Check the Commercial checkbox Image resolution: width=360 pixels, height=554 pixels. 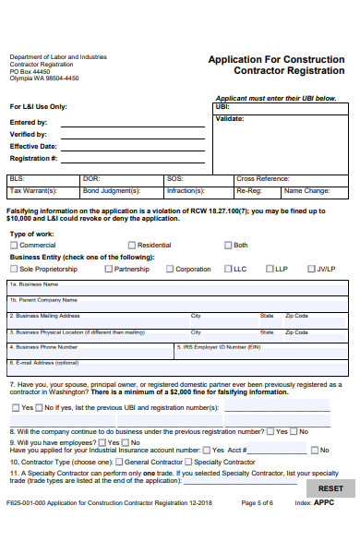[x=14, y=246]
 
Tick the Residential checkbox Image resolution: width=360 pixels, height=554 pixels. [x=131, y=246]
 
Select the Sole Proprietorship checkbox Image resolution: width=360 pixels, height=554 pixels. [x=14, y=269]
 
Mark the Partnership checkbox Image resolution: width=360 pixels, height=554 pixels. [x=108, y=269]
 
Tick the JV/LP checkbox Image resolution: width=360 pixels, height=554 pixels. [x=310, y=269]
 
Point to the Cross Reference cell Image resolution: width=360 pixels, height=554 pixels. [x=289, y=178]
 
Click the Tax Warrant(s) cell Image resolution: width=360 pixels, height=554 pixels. [x=42, y=191]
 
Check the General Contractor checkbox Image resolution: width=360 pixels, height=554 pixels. [x=118, y=462]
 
